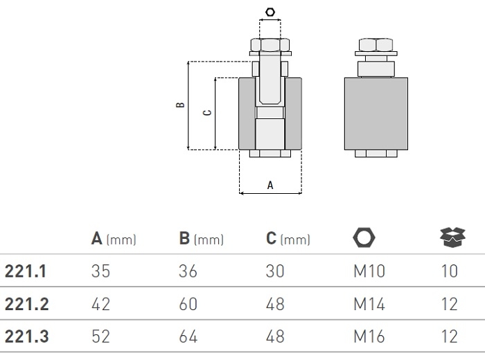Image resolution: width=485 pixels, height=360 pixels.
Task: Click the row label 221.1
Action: [x=26, y=271]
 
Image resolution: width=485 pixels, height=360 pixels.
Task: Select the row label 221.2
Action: [x=26, y=305]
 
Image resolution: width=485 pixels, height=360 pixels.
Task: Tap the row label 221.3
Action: [x=26, y=337]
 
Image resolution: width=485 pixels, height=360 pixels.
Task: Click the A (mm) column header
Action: [x=114, y=240]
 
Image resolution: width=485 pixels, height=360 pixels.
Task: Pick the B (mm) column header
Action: [x=201, y=240]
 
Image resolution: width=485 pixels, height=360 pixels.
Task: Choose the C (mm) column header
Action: [x=288, y=240]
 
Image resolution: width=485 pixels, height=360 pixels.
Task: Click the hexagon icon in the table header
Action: [x=363, y=238]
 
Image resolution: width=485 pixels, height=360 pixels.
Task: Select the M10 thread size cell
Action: [x=371, y=271]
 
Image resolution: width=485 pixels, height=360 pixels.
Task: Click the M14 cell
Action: [x=371, y=305]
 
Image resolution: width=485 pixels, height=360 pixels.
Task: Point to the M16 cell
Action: [x=371, y=337]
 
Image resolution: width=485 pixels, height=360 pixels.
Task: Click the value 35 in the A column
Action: [x=100, y=271]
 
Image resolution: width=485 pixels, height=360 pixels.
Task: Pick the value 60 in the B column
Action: [x=188, y=305]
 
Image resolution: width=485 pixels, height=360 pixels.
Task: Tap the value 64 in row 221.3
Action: [x=188, y=337]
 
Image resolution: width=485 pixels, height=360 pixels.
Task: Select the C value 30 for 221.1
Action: [x=275, y=271]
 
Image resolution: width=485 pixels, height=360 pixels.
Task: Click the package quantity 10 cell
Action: [x=449, y=271]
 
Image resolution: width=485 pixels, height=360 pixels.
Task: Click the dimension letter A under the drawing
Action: [x=270, y=185]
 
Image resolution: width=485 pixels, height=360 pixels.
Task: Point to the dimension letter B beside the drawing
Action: [x=180, y=105]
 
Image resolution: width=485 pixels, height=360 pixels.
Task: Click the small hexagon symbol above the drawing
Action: [x=270, y=12]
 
